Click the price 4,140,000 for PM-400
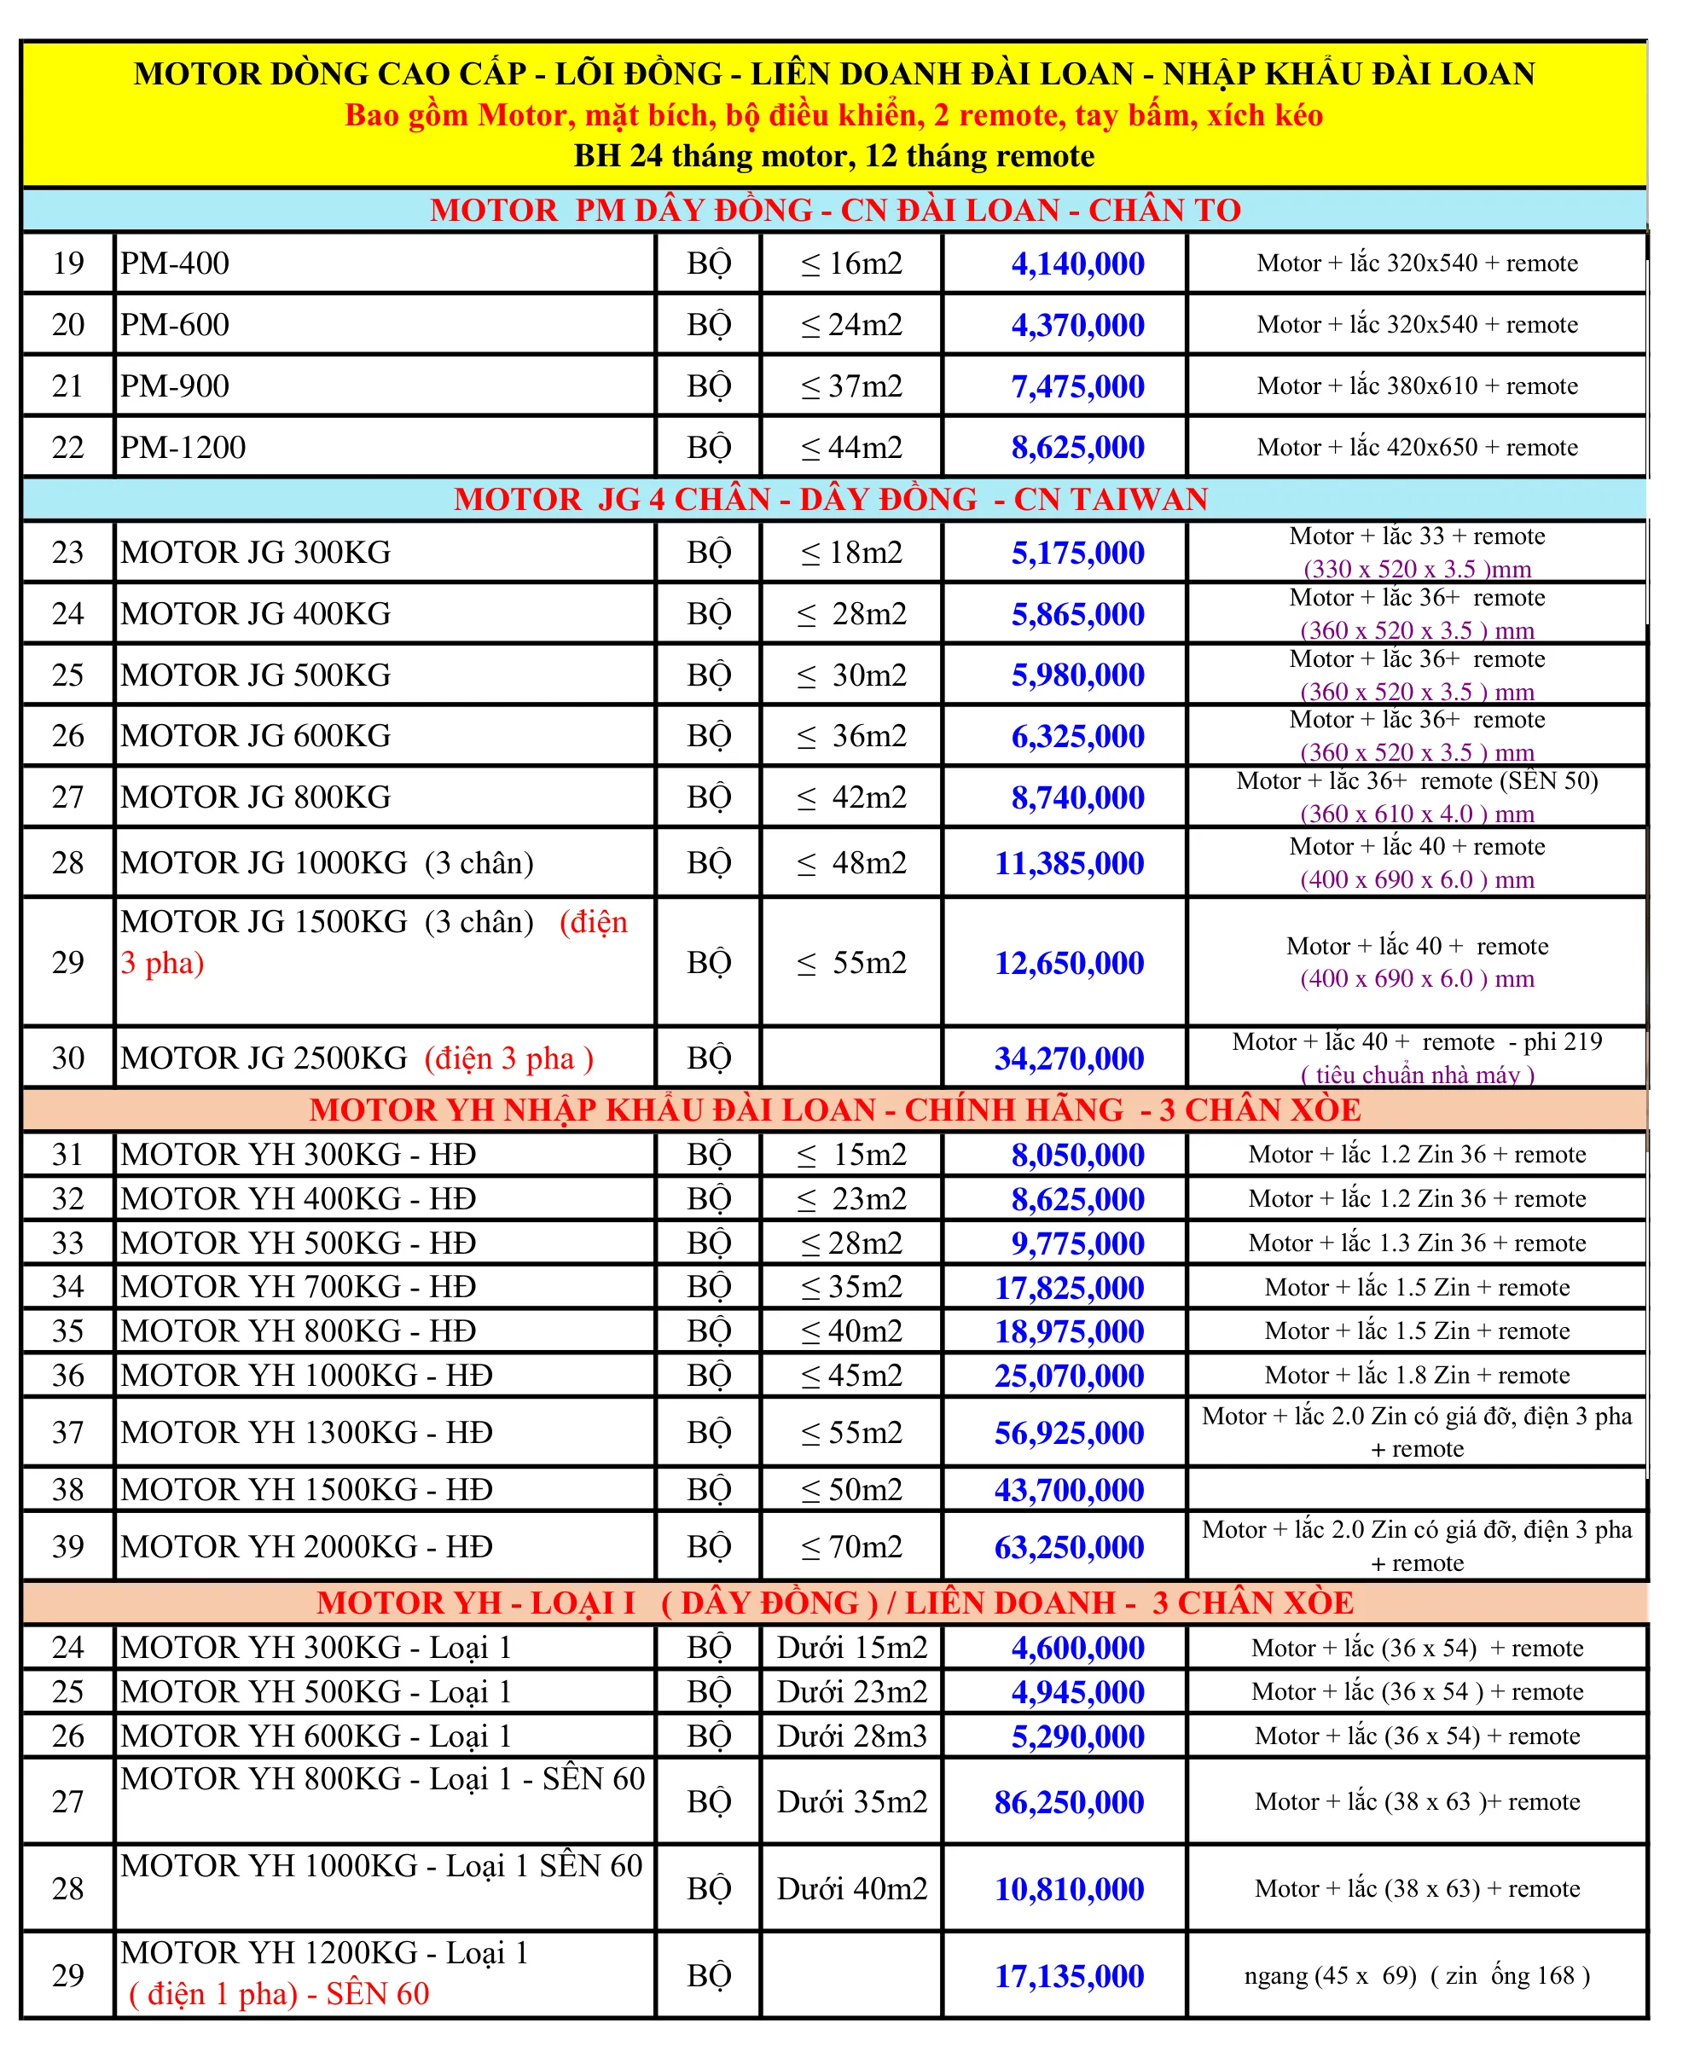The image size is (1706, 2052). point(1076,264)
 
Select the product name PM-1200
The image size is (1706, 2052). point(183,448)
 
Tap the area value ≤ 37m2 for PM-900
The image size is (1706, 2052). point(851,386)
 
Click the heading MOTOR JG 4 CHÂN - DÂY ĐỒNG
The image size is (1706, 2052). point(831,499)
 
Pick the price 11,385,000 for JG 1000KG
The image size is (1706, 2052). point(1069,863)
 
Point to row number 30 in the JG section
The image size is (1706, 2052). point(67,1058)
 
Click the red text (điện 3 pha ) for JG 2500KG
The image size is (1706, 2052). point(508,1058)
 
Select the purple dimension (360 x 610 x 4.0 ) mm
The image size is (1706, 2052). point(1416,813)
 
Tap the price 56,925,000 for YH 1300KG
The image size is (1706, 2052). point(1069,1433)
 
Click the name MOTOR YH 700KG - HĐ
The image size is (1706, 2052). point(298,1287)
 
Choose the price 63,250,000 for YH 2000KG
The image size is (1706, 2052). point(1069,1547)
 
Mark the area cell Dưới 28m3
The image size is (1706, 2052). point(851,1736)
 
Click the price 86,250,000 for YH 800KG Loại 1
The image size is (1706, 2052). point(1069,1802)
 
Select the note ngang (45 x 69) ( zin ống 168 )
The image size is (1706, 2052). point(1416,1976)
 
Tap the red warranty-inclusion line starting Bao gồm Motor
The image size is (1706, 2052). point(833,115)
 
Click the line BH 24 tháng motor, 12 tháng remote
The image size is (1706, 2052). point(833,156)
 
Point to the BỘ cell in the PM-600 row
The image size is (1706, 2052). point(708,324)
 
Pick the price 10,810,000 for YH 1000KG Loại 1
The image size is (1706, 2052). point(1069,1889)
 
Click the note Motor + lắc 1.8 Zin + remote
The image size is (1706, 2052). point(1416,1375)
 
